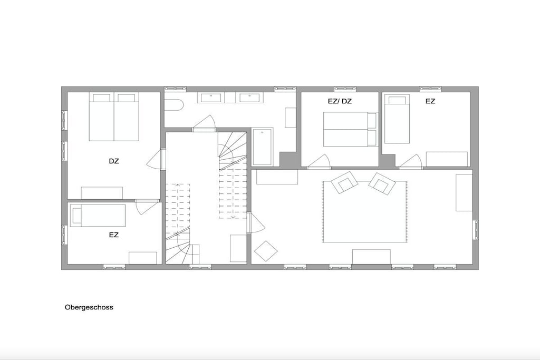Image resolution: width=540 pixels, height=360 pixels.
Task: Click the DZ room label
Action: (x=114, y=161)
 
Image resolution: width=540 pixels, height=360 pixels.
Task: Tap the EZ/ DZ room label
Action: (x=340, y=101)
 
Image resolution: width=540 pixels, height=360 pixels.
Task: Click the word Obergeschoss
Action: (x=89, y=307)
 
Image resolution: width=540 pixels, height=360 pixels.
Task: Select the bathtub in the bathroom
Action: (x=263, y=147)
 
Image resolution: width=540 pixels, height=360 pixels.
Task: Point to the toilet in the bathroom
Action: (x=174, y=105)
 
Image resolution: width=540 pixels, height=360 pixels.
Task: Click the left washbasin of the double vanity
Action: (x=211, y=98)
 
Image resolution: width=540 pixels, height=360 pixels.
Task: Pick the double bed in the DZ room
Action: (x=114, y=116)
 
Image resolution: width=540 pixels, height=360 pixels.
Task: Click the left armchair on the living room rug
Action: (x=344, y=182)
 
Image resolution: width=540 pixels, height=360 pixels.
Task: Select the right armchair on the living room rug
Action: (x=382, y=184)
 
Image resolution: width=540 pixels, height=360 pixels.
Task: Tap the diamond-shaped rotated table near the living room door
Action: (x=266, y=251)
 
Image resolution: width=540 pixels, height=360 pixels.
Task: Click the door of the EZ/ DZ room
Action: (x=319, y=162)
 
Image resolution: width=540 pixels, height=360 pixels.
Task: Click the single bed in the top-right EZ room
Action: (x=397, y=119)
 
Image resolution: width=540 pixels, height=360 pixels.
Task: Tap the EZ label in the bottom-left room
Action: (x=114, y=235)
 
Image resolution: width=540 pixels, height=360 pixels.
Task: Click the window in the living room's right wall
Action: (x=476, y=230)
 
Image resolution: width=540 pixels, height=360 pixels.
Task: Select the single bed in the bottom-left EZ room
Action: (x=98, y=216)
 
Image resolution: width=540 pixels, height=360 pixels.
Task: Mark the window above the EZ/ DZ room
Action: (x=345, y=89)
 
